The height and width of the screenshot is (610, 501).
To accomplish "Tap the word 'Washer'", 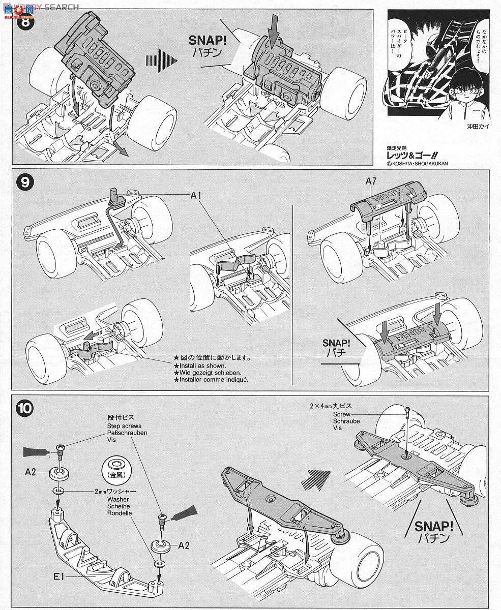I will click(115, 499).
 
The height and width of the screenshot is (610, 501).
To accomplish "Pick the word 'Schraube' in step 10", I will click(346, 421).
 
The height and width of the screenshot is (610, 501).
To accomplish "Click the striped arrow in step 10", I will click(317, 479).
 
